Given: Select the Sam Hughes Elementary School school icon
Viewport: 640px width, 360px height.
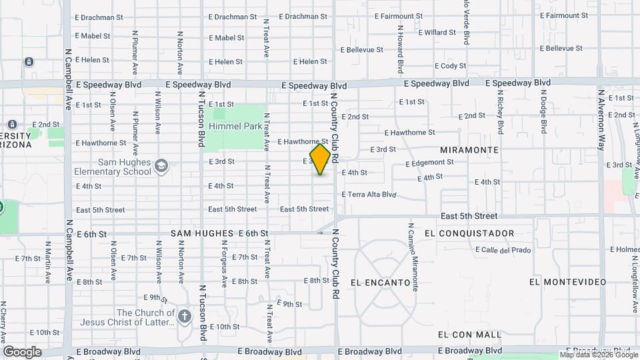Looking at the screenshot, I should point(161,165).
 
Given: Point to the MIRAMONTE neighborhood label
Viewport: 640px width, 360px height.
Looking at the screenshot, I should point(475,150).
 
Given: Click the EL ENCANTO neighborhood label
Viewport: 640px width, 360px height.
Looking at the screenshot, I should point(379,283).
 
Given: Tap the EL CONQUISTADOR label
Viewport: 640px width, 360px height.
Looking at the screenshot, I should point(469,233).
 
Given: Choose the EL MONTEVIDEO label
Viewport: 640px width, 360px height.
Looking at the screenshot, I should point(566,282).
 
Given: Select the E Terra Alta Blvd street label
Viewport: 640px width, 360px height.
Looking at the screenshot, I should point(369,195).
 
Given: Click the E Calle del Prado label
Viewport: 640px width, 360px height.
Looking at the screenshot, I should point(503,250).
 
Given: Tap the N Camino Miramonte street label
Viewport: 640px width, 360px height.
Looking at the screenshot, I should point(413,256).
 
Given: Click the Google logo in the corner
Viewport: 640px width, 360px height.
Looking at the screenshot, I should point(22,351).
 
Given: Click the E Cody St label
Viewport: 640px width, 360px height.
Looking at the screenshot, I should point(450,66).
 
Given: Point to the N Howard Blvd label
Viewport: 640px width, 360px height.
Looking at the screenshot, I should point(401,50).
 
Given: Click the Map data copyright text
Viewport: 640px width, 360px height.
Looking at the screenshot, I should point(597,354).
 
